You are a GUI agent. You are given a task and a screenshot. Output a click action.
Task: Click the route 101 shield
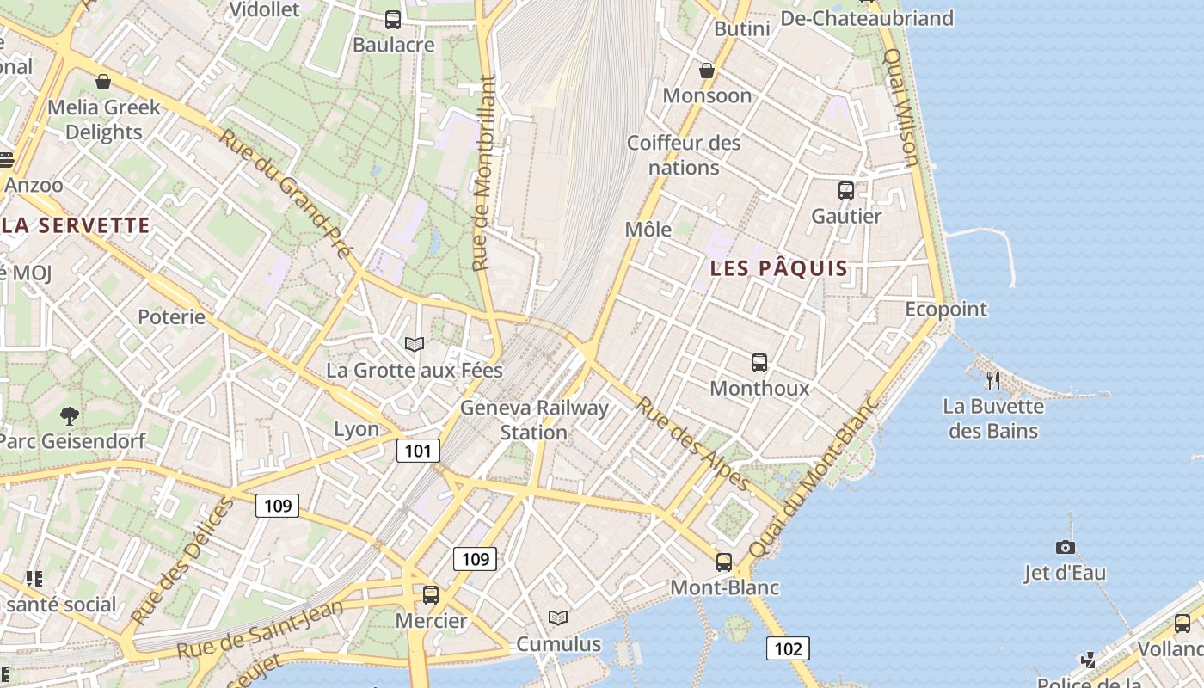[418, 451]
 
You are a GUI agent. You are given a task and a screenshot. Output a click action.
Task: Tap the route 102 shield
[788, 648]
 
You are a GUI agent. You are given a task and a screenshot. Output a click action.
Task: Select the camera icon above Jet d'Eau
[1065, 547]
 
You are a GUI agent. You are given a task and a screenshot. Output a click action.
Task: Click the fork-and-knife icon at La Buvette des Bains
[993, 380]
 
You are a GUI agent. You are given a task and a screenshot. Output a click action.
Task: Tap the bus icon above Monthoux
[759, 363]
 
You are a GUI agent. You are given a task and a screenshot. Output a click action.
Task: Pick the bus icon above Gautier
[846, 191]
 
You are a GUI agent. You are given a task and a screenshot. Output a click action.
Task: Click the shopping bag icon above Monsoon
[707, 71]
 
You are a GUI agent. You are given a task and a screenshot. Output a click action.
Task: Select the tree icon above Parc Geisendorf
[69, 416]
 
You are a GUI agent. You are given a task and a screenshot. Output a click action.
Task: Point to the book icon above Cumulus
[558, 617]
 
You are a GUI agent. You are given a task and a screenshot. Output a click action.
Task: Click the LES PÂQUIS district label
[779, 268]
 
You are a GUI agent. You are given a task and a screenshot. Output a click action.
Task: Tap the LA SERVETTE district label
[76, 226]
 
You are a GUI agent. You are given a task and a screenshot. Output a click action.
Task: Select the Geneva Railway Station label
[534, 420]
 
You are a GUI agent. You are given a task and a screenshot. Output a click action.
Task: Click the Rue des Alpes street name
[692, 443]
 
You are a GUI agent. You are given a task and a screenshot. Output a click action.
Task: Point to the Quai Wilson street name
[901, 107]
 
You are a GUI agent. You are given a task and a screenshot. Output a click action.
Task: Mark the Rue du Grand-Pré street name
[286, 193]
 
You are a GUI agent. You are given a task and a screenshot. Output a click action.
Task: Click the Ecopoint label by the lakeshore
[946, 310]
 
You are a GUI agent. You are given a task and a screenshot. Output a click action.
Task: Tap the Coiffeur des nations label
[684, 155]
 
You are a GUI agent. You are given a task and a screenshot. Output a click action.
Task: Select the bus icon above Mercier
[430, 594]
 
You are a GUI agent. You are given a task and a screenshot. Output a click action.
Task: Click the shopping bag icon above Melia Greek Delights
[103, 82]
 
